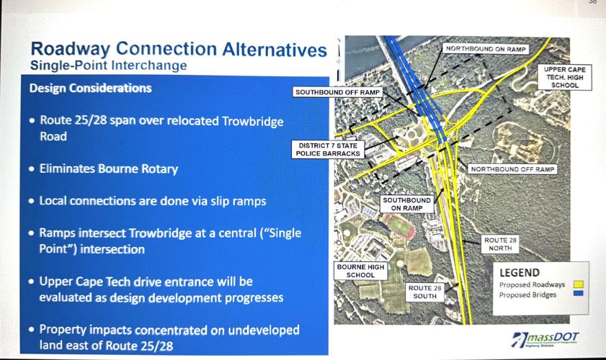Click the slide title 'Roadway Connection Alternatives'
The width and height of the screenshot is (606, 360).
coord(178,50)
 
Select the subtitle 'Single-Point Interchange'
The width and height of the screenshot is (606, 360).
coord(108,66)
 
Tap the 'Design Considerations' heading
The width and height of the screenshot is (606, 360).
coord(90,89)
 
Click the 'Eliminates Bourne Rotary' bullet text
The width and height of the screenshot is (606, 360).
coord(108,169)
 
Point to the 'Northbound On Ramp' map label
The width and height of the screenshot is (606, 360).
coord(486,49)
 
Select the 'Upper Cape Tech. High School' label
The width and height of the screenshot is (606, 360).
coord(566,77)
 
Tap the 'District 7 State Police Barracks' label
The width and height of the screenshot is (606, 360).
coord(328,149)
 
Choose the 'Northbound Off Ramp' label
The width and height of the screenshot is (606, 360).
coord(513,169)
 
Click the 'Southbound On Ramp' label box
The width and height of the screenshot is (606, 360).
coord(407,204)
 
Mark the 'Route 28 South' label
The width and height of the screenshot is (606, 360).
coord(425,292)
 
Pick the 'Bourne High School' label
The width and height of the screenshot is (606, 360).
coord(361,271)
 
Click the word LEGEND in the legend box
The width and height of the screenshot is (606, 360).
coord(520,273)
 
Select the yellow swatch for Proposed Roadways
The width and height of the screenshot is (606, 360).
coord(579,285)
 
